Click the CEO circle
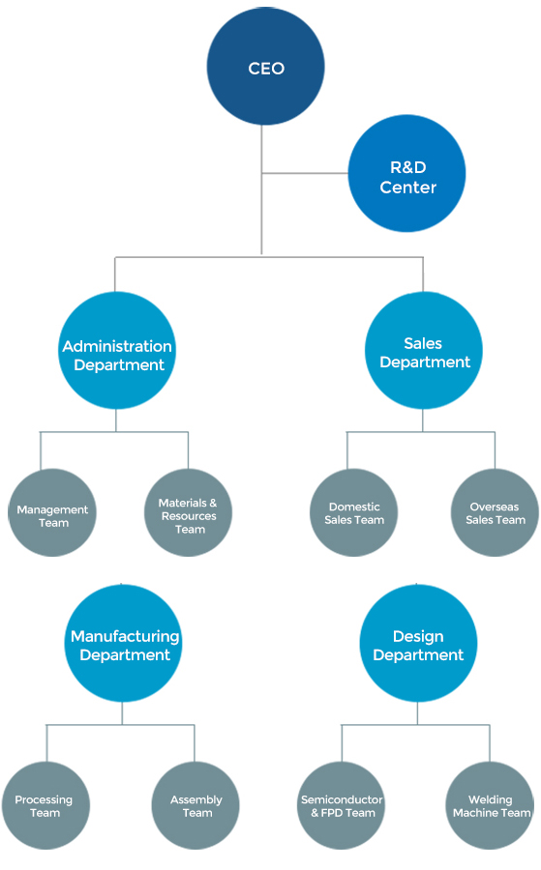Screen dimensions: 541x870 coord(265,67)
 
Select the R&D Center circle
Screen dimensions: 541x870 coord(407,173)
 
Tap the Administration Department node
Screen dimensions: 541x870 coord(117,351)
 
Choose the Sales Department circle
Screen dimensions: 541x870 coord(423,351)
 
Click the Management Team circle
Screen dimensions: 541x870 coord(52,512)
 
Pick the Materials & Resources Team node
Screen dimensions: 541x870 coord(189,512)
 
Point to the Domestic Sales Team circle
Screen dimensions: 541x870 coord(354,512)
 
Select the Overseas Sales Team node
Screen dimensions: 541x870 coord(495,512)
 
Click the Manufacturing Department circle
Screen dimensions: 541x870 coord(123,644)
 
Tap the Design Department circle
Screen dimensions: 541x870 coord(418,644)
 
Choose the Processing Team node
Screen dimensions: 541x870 coord(45,805)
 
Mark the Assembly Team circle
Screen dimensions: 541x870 coord(195,805)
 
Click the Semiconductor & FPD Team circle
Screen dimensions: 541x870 coord(341,805)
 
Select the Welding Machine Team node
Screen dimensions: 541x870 coord(490,805)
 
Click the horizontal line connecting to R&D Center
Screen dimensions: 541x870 coord(305,173)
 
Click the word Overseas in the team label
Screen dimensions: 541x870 coord(495,507)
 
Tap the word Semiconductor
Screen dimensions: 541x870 coord(342,799)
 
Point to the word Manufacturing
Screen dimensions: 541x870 coord(125,636)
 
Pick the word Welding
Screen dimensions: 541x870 coord(491,800)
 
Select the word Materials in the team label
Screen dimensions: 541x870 coord(183,503)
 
